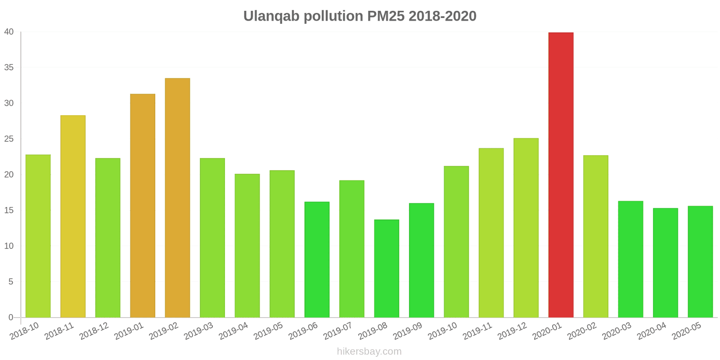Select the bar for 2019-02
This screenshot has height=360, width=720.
(177, 198)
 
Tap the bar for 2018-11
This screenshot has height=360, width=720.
(73, 216)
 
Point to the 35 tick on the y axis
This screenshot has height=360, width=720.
(9, 67)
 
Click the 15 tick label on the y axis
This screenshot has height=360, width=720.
(9, 210)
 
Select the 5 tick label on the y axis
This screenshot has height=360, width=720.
(11, 282)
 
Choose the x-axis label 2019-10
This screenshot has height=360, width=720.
(442, 331)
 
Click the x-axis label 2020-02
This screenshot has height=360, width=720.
(582, 331)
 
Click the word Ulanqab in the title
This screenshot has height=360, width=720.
(271, 16)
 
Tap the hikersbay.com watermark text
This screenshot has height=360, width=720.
(369, 351)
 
